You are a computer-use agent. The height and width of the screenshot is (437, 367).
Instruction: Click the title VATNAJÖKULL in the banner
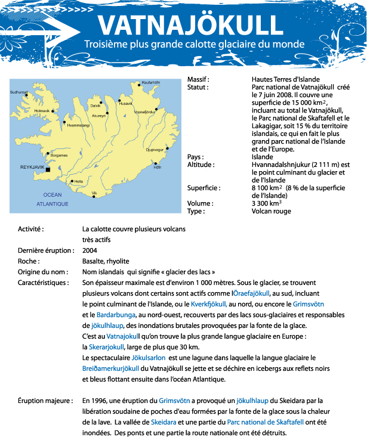190,24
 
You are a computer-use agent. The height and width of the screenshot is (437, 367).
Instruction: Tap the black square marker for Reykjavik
48,169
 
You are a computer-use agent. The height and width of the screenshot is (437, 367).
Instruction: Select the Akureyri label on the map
98,116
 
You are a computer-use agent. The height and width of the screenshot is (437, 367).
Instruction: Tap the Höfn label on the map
158,168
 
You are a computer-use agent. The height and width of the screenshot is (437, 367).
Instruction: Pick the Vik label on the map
94,193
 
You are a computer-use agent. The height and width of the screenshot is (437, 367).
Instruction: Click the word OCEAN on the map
53,195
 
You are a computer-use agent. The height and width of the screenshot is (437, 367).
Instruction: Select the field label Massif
199,79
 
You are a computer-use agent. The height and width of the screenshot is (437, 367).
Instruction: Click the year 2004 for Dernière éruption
90,250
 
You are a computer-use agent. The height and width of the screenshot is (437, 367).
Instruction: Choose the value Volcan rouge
272,211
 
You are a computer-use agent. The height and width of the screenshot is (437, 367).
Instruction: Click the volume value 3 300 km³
267,203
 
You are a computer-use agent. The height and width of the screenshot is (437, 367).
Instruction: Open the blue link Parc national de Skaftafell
265,421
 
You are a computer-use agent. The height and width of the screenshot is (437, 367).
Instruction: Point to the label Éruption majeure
45,400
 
